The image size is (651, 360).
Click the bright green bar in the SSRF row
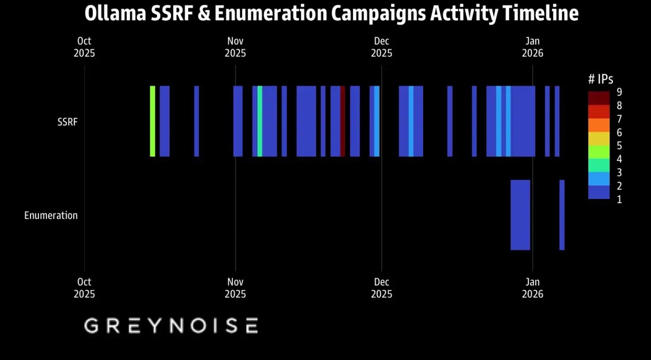point(152,121)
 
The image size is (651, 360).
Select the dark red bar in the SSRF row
point(343,121)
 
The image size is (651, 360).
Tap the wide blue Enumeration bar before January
point(520,215)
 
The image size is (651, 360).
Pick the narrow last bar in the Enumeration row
point(562,215)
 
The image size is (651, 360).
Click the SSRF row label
point(67,122)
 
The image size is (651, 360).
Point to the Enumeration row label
point(51,216)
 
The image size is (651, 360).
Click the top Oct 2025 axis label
point(84,47)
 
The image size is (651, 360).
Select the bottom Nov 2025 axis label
point(235,288)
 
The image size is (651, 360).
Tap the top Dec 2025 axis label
point(381,47)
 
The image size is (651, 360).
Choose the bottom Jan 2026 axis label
point(532,288)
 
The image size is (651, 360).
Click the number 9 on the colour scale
point(619,92)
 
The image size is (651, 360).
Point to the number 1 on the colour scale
point(619,199)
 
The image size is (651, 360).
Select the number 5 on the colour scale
point(619,146)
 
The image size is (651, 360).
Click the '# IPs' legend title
point(601,79)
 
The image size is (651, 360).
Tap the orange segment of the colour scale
point(598,125)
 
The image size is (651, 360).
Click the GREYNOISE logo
point(171,326)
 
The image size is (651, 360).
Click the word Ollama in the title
point(115,13)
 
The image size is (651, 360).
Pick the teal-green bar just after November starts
point(260,121)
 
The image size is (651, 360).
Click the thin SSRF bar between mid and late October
point(197,121)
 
